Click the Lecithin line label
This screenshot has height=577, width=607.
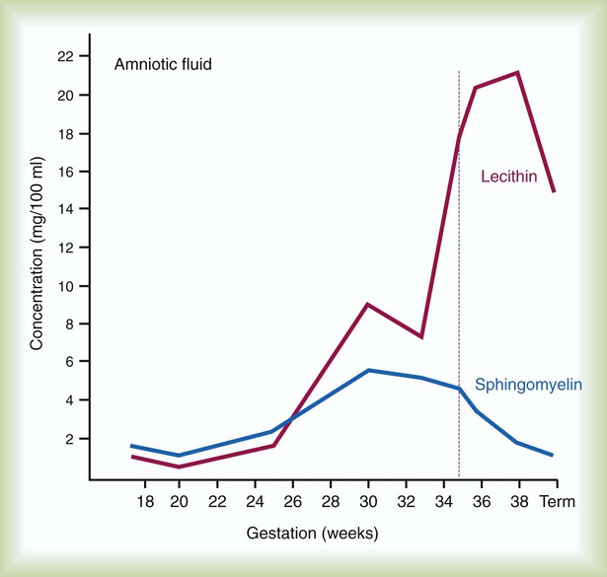507,178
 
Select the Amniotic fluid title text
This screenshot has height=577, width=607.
164,65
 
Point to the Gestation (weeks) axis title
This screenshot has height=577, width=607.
312,534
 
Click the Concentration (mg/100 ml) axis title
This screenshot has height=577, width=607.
38,266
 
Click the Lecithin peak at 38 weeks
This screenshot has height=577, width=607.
517,72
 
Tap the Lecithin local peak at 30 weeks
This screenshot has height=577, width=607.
368,305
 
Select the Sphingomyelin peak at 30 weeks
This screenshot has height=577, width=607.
368,370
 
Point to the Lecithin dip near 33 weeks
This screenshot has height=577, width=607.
421,337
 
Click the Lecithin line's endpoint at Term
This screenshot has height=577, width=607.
554,191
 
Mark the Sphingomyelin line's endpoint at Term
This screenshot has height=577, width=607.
554,456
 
